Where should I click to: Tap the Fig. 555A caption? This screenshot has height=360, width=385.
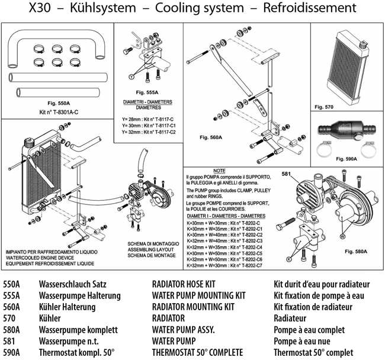coord(147,92)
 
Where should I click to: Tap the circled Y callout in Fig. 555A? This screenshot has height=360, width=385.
coord(130,77)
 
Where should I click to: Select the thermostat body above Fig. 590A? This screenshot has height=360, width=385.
coord(341,130)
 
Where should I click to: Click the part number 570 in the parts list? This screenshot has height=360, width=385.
coord(10,318)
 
